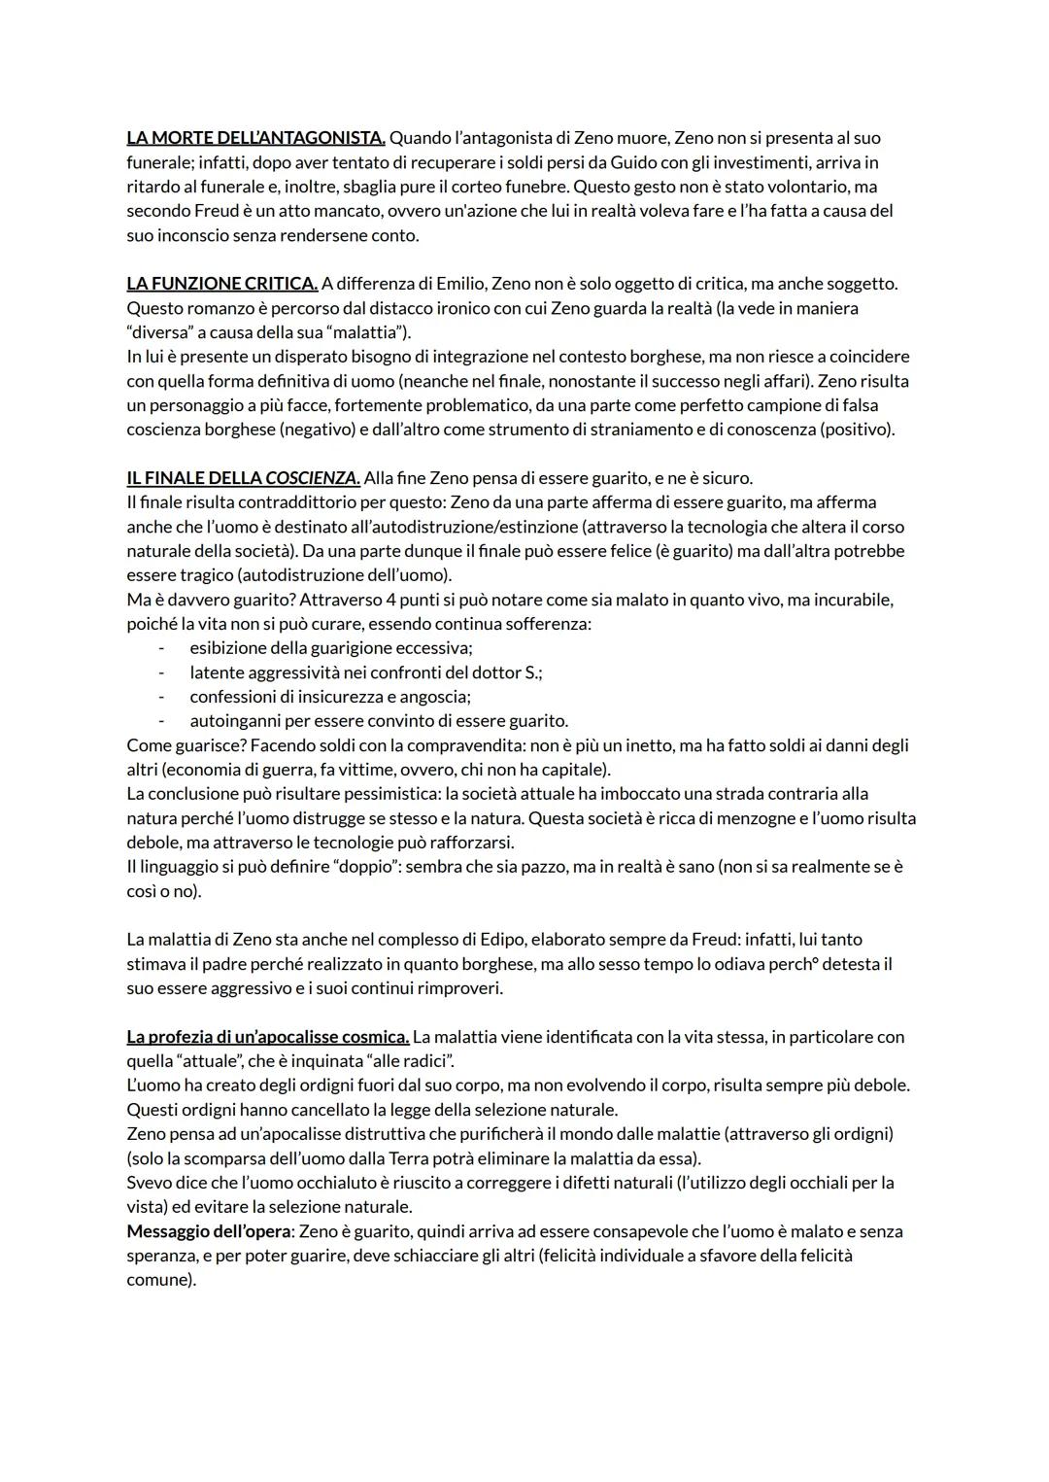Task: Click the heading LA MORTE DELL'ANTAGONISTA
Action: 255,138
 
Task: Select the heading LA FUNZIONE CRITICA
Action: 221,284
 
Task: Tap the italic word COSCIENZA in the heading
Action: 312,478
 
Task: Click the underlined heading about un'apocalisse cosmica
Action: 268,1037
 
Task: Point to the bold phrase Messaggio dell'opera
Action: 209,1231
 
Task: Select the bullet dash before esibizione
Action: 161,648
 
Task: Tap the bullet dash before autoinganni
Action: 161,721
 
